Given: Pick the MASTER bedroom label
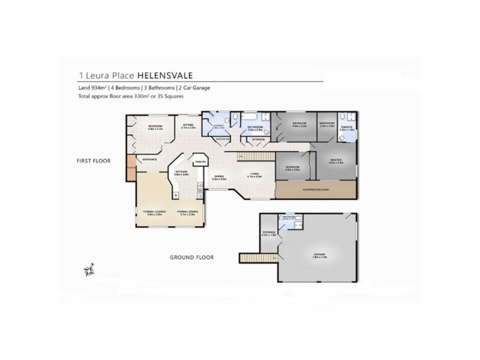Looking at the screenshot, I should pyautogui.click(x=336, y=160).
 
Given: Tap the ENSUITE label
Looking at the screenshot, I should pyautogui.click(x=346, y=127).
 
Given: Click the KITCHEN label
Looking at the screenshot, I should pyautogui.click(x=182, y=172).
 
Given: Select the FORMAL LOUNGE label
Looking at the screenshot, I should pyautogui.click(x=154, y=211).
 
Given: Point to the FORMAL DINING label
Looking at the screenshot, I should pyautogui.click(x=187, y=211).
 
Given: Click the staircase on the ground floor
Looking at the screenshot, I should pyautogui.click(x=252, y=258).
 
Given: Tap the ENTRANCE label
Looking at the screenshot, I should pyautogui.click(x=150, y=159).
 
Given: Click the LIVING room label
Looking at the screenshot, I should pyautogui.click(x=256, y=175).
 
